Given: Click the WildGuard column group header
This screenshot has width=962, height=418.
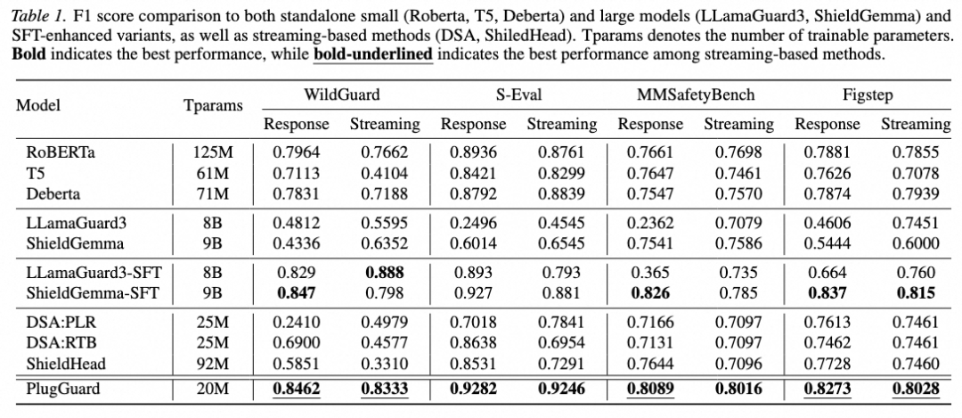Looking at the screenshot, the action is tap(342, 94).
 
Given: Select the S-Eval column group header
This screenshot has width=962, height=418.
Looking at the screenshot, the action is tap(518, 94).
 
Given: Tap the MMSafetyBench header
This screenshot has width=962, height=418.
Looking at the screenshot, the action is tap(695, 95).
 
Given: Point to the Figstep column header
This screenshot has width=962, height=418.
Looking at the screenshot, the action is tap(872, 95).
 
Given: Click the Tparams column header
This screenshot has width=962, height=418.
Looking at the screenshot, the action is tap(213, 105).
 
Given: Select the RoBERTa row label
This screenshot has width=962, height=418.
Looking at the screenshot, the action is tap(56, 152).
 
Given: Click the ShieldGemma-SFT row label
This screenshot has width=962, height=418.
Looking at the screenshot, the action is tap(92, 293).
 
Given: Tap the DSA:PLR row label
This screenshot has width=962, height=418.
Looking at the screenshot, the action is tap(61, 323).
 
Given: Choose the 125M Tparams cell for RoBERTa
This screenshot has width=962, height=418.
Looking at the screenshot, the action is tap(214, 152).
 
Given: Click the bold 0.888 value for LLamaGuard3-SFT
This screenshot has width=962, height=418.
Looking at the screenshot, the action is tap(385, 273).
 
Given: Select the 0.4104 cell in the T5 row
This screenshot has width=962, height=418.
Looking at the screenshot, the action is tap(385, 173).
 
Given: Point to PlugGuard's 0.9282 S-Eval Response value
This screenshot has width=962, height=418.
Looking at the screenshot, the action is tap(473, 389).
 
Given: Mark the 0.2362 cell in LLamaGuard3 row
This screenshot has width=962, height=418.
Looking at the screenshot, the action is tap(649, 222).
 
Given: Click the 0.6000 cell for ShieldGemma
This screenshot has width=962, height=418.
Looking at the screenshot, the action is tap(916, 243).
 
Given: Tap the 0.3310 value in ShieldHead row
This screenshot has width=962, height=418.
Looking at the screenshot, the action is tap(385, 364).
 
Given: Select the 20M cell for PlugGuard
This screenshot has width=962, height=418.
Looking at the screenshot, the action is tap(214, 389).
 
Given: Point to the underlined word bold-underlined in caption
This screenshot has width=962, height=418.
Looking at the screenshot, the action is tap(373, 54).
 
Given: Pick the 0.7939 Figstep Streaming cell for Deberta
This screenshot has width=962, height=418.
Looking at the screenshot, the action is tap(916, 194).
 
